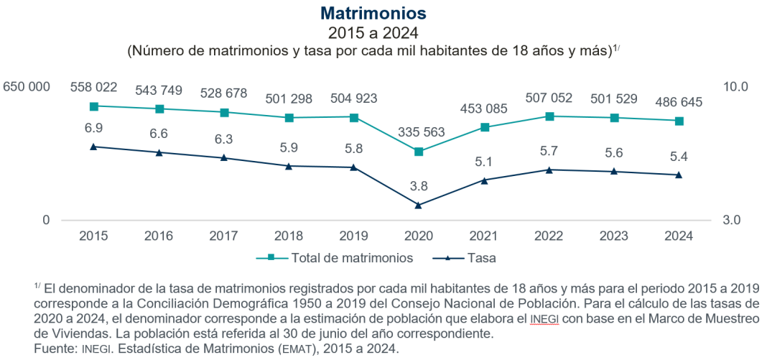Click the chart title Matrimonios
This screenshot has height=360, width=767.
(373, 14)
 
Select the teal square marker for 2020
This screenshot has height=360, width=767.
(419, 152)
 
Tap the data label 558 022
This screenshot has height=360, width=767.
(93, 87)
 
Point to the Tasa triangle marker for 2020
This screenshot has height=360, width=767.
(419, 205)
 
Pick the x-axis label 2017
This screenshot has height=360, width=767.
(223, 236)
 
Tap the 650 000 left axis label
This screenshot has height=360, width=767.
(27, 87)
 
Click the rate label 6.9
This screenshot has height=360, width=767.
(93, 128)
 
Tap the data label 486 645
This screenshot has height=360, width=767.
(678, 102)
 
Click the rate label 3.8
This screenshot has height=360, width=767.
(419, 186)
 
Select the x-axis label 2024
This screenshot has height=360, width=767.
(679, 236)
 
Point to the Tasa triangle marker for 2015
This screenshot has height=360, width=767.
(93, 147)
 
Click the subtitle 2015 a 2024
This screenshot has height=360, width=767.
(373, 32)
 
